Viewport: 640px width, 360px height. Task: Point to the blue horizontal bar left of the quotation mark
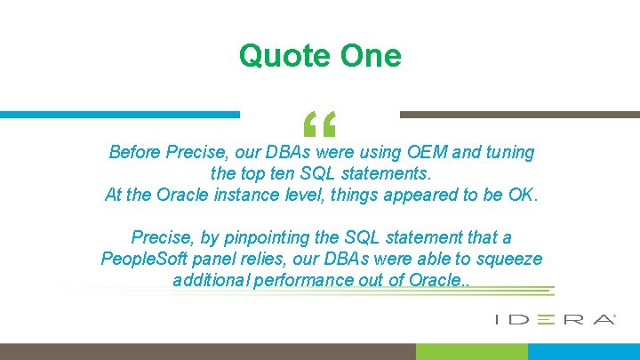(x=119, y=115)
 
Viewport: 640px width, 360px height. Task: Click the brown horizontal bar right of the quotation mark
(x=519, y=115)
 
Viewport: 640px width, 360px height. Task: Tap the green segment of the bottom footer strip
(x=484, y=351)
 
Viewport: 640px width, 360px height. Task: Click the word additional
(x=212, y=281)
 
